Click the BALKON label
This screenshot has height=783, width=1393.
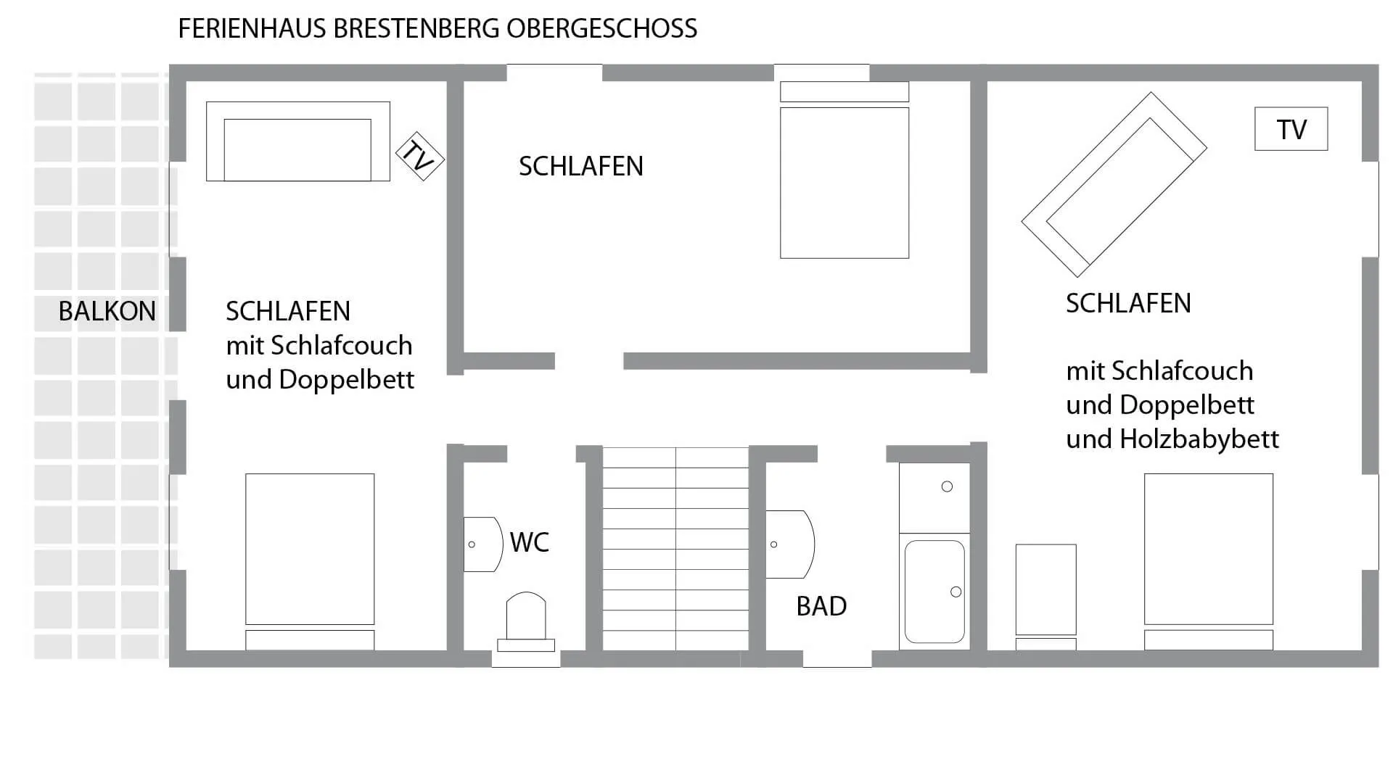pos(107,311)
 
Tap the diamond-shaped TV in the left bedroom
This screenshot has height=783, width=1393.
pos(419,156)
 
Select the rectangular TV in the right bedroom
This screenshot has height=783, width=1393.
pos(1291,129)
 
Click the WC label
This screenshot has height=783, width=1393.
pos(529,542)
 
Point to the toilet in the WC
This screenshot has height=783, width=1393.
pos(526,621)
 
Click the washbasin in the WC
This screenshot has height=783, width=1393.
pos(482,544)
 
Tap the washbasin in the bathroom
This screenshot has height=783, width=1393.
pos(789,544)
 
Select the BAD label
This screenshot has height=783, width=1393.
pos(821,606)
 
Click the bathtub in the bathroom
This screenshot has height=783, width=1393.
pos(934,591)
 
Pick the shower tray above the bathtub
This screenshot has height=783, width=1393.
pos(934,497)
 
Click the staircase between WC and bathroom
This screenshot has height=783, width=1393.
pos(675,548)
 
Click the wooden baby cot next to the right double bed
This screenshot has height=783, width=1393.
pos(1045,591)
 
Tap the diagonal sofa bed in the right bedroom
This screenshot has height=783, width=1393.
pos(1114,184)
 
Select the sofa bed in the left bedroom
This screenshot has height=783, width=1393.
pos(297,142)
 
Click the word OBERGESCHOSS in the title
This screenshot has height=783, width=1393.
pos(601,29)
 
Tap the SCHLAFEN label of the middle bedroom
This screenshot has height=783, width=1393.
pos(580,167)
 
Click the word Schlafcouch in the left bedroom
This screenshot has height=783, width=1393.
pos(341,346)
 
